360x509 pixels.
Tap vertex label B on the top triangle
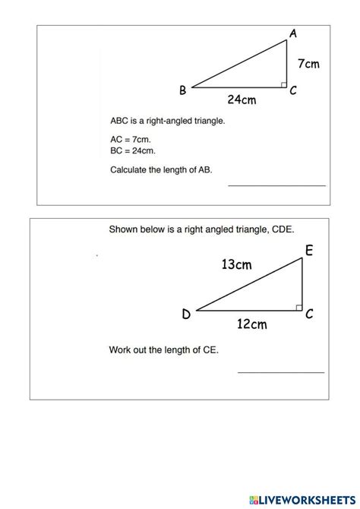point(183,90)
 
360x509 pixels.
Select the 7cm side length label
point(308,64)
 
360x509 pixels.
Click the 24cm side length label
point(241,99)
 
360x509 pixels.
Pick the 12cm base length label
point(251,324)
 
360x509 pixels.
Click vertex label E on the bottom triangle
point(309,251)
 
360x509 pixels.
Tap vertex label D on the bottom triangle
point(186,315)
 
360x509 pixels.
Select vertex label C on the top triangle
point(293,91)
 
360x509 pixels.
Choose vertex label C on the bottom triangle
point(310,314)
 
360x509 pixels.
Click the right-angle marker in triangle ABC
point(283,84)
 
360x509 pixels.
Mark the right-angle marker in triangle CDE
point(298,306)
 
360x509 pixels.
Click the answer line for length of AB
point(276,185)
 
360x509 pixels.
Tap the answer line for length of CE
point(281,371)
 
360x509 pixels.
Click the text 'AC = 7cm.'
point(131,139)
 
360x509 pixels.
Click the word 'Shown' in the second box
point(124,228)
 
